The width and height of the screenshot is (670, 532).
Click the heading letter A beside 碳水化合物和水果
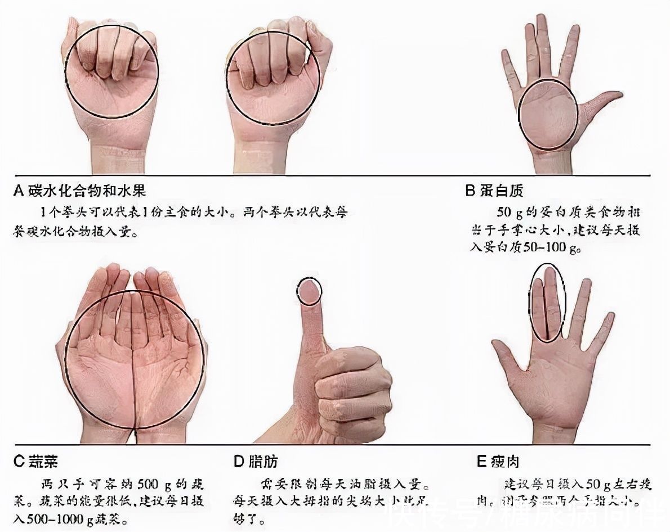pos(19,191)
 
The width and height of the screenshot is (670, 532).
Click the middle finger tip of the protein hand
pos(542,25)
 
